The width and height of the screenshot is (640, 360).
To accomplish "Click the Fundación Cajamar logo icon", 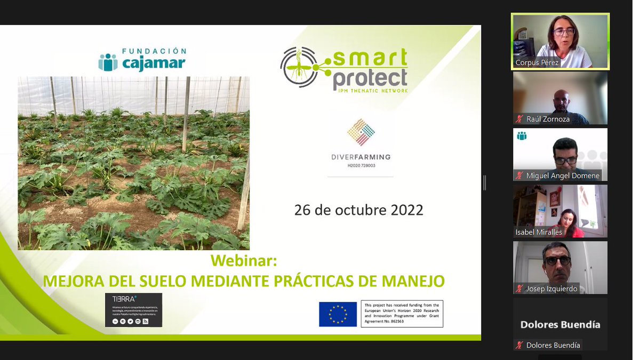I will pyautogui.click(x=108, y=62).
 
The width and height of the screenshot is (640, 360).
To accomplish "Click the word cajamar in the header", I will pyautogui.click(x=154, y=64).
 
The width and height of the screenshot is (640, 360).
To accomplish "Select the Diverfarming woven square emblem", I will pyautogui.click(x=361, y=132).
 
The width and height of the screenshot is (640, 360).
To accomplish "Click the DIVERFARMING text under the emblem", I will pyautogui.click(x=361, y=157).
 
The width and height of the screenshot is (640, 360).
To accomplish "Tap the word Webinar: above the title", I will pyautogui.click(x=244, y=261).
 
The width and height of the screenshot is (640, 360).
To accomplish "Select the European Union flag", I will pyautogui.click(x=338, y=314).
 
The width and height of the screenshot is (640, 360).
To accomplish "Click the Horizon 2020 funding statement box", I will pyautogui.click(x=402, y=314).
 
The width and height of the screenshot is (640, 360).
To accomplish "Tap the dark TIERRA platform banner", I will pyautogui.click(x=133, y=310).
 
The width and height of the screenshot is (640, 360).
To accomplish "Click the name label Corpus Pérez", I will pyautogui.click(x=538, y=63).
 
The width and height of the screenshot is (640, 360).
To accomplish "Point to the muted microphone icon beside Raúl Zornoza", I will pyautogui.click(x=519, y=119).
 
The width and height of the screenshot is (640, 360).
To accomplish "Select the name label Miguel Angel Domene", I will pyautogui.click(x=563, y=175).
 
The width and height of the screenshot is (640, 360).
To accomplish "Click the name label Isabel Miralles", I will pyautogui.click(x=539, y=232).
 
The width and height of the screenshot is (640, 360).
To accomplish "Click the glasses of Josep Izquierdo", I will pyautogui.click(x=558, y=261).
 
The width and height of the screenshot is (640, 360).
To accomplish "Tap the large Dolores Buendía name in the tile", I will pyautogui.click(x=560, y=324).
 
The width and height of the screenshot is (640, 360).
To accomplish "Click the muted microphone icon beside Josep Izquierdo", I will pyautogui.click(x=519, y=289).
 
